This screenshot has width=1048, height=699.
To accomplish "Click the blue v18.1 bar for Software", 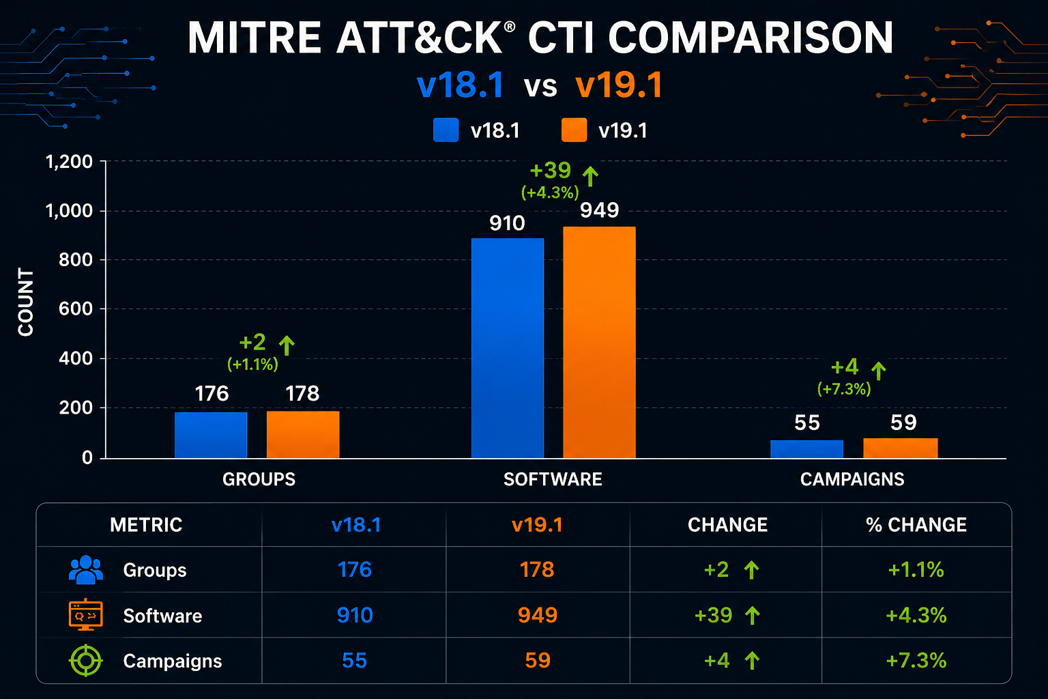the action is [508, 348].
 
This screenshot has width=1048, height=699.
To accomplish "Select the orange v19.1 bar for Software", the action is [599, 342].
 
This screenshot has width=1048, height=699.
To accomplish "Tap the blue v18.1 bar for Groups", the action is [211, 435].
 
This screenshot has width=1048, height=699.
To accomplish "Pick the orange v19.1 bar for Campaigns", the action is [901, 448].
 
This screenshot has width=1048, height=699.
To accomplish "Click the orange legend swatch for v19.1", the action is [574, 130].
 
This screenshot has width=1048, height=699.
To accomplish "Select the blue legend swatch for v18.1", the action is [446, 130].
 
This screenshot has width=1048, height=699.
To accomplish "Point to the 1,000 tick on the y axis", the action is [69, 211].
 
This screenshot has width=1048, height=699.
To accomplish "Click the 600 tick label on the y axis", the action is [76, 309].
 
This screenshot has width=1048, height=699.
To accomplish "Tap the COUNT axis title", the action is [26, 302].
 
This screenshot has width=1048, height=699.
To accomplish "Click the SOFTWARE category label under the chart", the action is [553, 479].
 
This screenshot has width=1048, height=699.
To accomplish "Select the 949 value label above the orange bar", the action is [599, 210].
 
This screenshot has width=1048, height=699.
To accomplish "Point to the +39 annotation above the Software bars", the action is [550, 170].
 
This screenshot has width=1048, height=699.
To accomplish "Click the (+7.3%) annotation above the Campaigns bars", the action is [844, 389].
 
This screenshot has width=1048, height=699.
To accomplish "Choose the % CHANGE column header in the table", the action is [916, 525].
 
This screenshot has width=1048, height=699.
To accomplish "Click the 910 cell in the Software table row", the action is [355, 615].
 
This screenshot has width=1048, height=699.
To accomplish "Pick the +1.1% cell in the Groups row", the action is [916, 570].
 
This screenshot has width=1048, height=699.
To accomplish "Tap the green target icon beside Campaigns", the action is [85, 661].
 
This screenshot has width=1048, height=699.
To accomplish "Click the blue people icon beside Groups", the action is [85, 570].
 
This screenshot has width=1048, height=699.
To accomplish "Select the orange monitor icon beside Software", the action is [85, 615].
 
